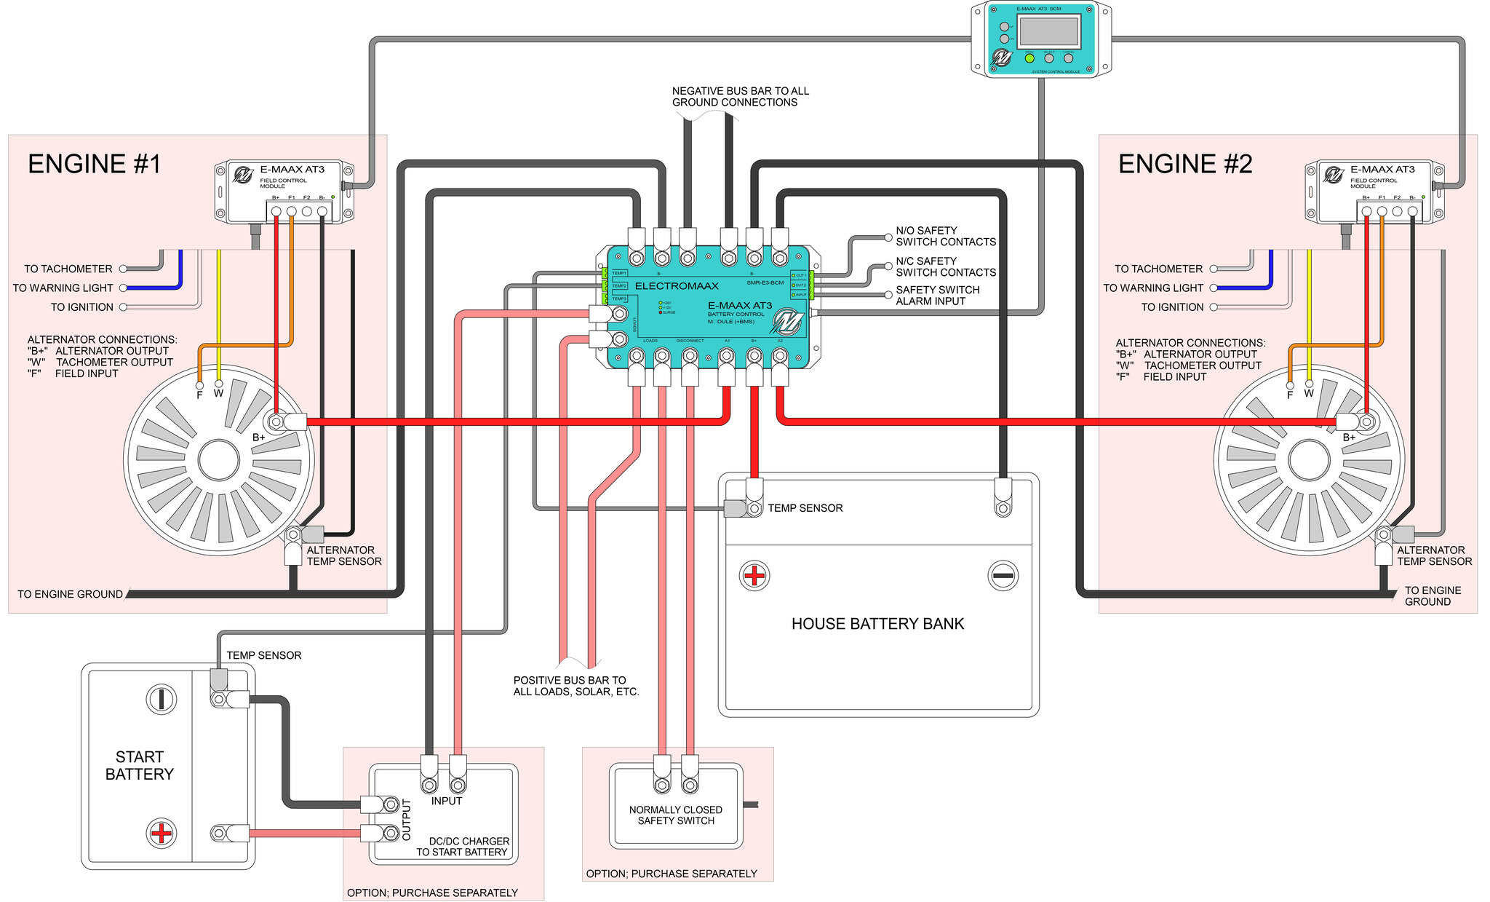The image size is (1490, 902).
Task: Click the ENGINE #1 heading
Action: (x=94, y=165)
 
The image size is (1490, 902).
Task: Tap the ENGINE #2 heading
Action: (x=1184, y=165)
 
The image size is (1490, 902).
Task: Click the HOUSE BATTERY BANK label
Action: (x=877, y=624)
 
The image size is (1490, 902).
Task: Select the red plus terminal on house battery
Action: (x=754, y=576)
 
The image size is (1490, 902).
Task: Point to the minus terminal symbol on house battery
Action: (x=1003, y=576)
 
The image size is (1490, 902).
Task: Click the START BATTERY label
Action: (x=140, y=766)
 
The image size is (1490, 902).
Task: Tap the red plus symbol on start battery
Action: (x=161, y=833)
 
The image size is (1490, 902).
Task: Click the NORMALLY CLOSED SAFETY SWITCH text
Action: (x=675, y=815)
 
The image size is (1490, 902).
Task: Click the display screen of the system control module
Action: (x=1048, y=31)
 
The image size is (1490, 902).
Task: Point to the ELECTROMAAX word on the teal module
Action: (x=677, y=286)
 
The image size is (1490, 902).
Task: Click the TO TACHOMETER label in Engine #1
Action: (x=68, y=269)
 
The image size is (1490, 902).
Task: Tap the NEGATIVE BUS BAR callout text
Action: (x=740, y=97)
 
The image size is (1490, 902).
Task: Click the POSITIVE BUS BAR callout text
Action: (x=575, y=686)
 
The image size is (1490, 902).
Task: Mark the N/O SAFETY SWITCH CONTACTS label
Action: (x=945, y=236)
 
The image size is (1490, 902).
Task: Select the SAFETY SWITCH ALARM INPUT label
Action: (x=937, y=296)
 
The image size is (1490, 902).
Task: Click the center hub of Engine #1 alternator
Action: (x=219, y=460)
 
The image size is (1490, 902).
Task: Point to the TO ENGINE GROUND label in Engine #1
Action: (x=70, y=595)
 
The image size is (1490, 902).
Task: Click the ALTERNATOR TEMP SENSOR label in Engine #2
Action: (x=1434, y=556)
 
